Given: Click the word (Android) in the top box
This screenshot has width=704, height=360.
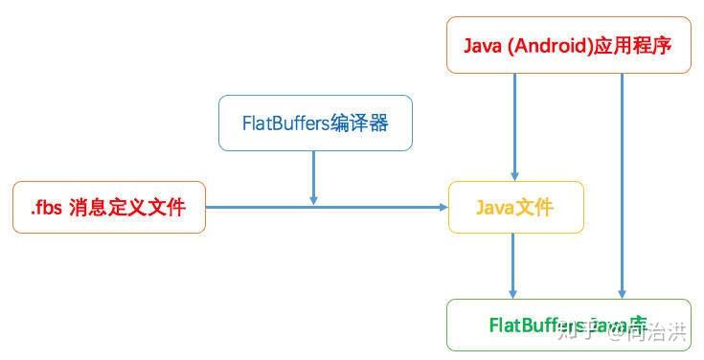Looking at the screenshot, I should coord(547,46).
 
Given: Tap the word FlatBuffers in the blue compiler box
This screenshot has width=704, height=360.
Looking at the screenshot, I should coord(284,124).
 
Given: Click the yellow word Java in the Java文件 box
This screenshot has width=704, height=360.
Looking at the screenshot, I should coord(496,208).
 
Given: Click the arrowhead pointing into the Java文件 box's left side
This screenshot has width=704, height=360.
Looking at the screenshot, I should coord(443,207).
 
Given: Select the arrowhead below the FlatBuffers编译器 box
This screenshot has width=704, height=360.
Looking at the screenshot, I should coord(313,198).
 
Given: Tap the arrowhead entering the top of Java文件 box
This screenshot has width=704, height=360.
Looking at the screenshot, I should coord(514,175).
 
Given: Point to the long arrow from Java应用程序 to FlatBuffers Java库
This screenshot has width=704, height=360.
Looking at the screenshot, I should coord(623,182).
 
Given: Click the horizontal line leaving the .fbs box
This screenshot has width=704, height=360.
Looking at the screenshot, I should coord(259,207).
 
